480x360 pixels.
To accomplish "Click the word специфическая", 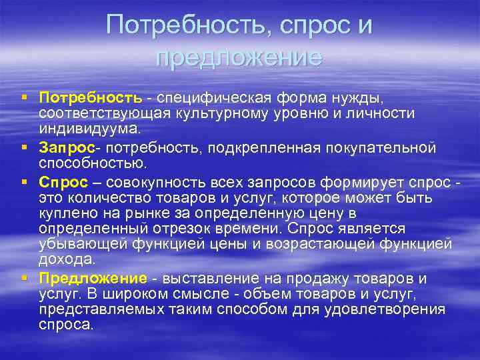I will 214,99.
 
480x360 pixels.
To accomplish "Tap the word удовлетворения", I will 391,309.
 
